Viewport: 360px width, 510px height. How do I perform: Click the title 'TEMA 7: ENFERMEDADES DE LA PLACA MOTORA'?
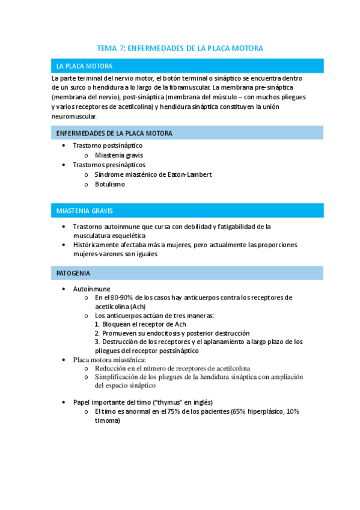[180, 48]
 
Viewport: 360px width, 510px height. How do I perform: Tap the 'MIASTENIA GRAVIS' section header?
[84, 212]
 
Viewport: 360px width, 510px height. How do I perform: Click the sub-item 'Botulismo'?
[109, 184]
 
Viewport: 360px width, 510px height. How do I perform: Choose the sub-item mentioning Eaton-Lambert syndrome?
[153, 174]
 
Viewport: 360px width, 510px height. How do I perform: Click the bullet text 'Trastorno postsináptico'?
[108, 146]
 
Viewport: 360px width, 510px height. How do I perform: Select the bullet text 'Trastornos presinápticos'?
[109, 165]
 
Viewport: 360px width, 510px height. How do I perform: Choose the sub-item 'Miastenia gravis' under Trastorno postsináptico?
[118, 155]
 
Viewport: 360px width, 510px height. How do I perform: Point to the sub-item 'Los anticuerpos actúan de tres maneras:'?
[154, 316]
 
